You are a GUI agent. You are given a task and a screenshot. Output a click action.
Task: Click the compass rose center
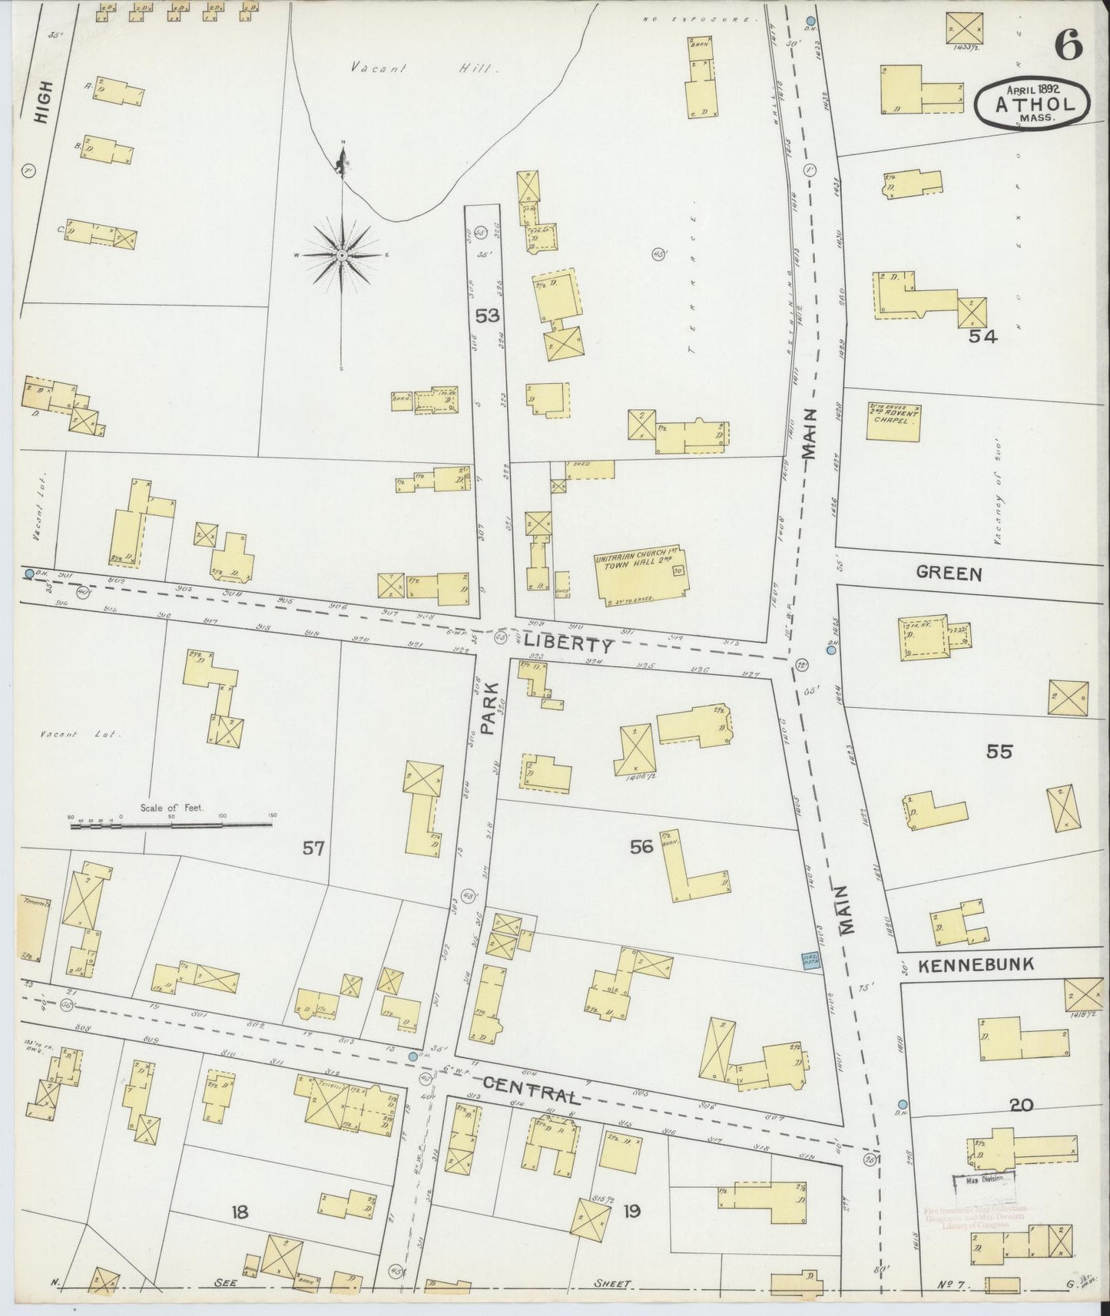point(341,255)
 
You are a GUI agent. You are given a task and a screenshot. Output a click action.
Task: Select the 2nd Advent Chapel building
point(893,422)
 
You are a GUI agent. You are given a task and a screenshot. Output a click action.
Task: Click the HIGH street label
point(44,103)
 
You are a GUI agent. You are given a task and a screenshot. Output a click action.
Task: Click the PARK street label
point(489,709)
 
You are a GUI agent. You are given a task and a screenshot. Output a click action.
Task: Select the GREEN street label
point(949,573)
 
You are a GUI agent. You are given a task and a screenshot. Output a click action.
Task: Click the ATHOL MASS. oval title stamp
point(1032,101)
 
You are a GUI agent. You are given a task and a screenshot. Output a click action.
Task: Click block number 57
point(313,848)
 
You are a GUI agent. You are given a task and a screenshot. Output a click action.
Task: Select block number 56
point(641,846)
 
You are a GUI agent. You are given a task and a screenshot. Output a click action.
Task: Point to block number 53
point(487,315)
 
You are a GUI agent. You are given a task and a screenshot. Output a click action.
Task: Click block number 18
point(240,1212)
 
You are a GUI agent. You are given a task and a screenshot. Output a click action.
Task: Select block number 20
point(1021,1105)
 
